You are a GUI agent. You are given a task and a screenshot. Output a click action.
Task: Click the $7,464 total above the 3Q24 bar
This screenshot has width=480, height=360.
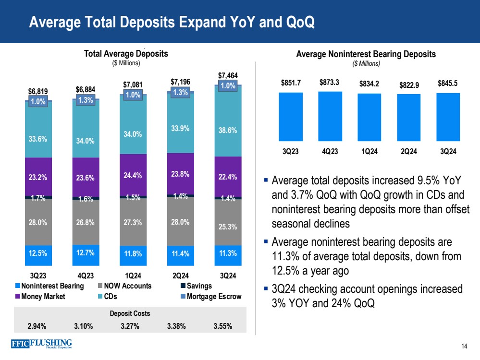coord(228,76)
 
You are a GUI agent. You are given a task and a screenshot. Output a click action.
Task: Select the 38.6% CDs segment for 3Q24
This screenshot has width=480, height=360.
coord(228,130)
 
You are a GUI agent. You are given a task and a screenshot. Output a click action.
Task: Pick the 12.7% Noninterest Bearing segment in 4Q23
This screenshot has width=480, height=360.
coord(86,254)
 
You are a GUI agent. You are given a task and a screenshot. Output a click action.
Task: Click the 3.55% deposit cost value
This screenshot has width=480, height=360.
coord(222,326)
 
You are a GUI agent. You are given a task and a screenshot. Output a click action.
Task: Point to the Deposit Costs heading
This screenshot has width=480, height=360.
coord(130,313)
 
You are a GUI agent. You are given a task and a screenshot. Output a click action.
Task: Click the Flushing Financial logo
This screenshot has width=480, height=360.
coord(40,345)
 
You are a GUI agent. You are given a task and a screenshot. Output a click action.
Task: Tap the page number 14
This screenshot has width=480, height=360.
coord(464,347)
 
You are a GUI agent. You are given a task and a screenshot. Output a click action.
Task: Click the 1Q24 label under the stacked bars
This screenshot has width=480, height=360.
coord(133,276)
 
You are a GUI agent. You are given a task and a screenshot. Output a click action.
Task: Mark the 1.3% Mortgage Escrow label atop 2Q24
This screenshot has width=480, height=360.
coord(180,93)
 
